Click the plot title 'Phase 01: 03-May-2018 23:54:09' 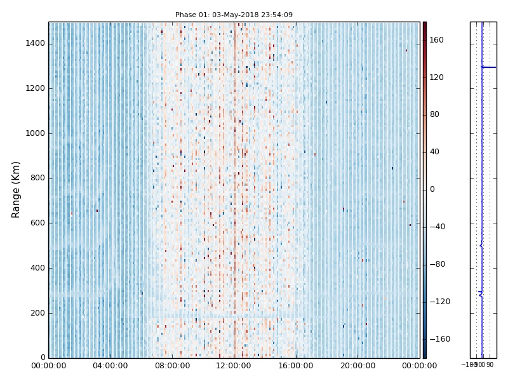point(234,15)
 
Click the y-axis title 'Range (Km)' point(17,189)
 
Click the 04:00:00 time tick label point(110,366)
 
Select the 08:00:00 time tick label point(172,366)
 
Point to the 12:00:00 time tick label point(234,366)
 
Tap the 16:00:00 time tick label point(296,366)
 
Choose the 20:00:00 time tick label point(358,366)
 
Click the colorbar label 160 point(436,40)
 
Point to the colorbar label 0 point(432,189)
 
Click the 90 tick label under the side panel point(490,365)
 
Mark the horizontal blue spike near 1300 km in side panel point(488,67)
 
